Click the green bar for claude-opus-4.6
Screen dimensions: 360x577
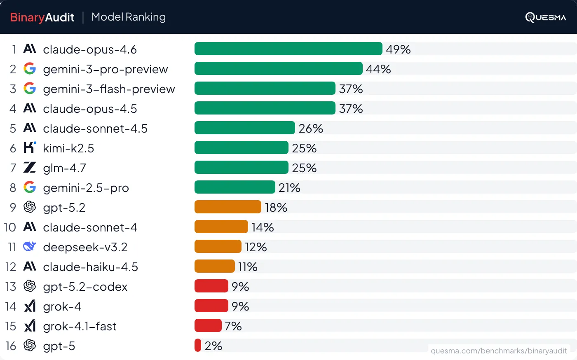click(288, 49)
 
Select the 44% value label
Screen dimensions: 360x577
click(378, 69)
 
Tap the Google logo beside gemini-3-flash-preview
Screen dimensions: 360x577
click(30, 88)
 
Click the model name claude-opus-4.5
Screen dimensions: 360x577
click(90, 109)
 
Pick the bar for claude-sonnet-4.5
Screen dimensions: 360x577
click(244, 128)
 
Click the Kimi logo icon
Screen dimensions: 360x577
click(30, 147)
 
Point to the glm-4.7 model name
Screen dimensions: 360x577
click(64, 168)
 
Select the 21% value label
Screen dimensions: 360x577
click(289, 188)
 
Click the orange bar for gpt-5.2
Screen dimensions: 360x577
click(228, 207)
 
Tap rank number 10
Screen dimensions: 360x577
click(10, 227)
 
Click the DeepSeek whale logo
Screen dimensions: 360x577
click(30, 246)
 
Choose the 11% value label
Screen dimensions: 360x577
click(248, 267)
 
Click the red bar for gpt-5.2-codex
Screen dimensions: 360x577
click(211, 286)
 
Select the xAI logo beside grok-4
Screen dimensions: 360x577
click(30, 306)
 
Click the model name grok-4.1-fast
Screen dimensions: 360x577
click(80, 326)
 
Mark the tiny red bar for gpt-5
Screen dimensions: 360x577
click(198, 345)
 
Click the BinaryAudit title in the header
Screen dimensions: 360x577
click(42, 17)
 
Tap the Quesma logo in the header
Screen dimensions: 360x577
click(545, 17)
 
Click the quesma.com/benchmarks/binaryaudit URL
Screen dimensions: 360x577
click(499, 351)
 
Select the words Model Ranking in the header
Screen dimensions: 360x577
click(129, 17)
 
